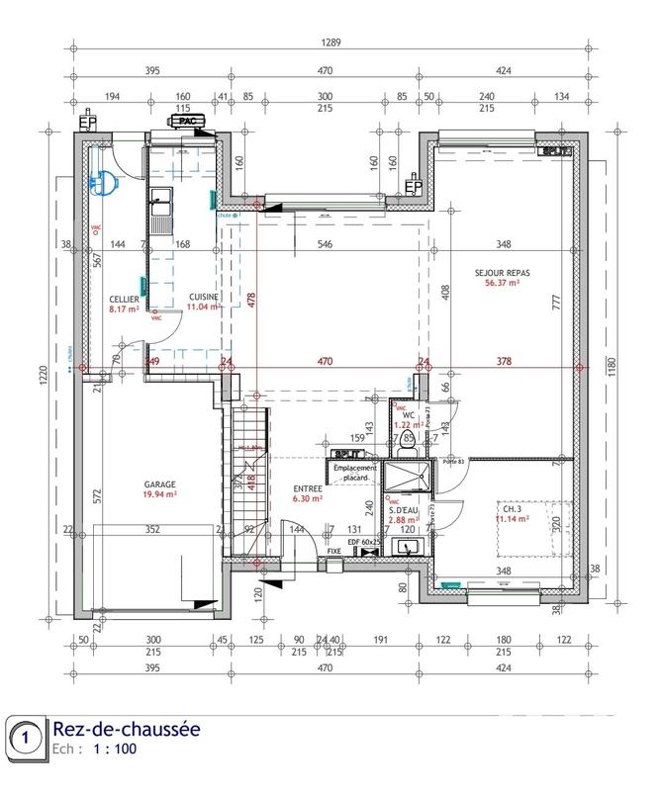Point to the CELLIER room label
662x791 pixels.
[x=124, y=299]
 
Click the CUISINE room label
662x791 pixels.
[x=203, y=297]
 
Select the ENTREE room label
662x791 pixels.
[x=307, y=489]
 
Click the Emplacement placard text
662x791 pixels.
[x=350, y=473]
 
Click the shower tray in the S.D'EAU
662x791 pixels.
[x=407, y=477]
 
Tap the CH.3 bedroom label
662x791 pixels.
[x=512, y=507]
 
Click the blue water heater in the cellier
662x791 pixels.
[x=106, y=181]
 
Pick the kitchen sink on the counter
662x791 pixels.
[x=160, y=202]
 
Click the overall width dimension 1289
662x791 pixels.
[x=331, y=43]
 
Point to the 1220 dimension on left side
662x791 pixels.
[x=44, y=377]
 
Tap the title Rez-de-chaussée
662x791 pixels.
[x=126, y=730]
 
